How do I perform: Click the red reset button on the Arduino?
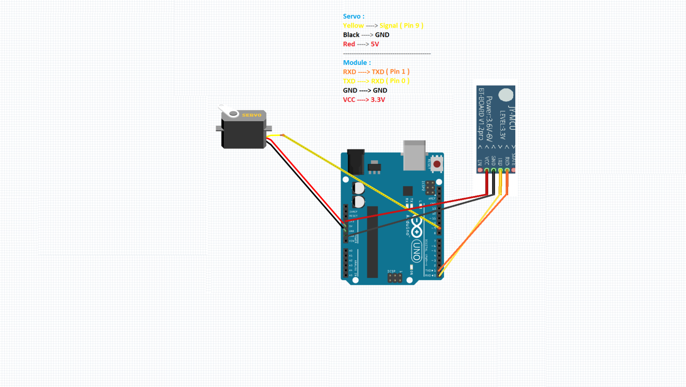pyautogui.click(x=436, y=164)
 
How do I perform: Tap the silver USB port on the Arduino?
pyautogui.click(x=414, y=156)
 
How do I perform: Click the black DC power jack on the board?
pyautogui.click(x=356, y=162)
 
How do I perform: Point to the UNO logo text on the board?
pyautogui.click(x=416, y=250)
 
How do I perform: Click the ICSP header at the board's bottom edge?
pyautogui.click(x=395, y=277)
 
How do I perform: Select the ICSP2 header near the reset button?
pyautogui.click(x=430, y=187)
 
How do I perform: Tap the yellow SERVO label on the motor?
pyautogui.click(x=252, y=115)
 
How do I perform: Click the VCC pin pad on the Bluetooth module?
pyautogui.click(x=487, y=170)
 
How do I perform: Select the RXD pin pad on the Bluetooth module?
pyautogui.click(x=507, y=170)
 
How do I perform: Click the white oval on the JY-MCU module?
pyautogui.click(x=506, y=95)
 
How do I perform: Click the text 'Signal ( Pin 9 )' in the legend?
pyautogui.click(x=401, y=25)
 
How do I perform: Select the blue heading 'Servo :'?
pyautogui.click(x=353, y=16)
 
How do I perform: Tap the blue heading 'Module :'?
pyautogui.click(x=357, y=62)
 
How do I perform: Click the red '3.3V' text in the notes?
pyautogui.click(x=378, y=100)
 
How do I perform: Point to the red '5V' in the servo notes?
pyautogui.click(x=375, y=44)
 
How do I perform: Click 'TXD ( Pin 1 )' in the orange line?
pyautogui.click(x=391, y=72)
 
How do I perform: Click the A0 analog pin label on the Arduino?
pyautogui.click(x=351, y=251)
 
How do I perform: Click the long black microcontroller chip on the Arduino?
pyautogui.click(x=372, y=242)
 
